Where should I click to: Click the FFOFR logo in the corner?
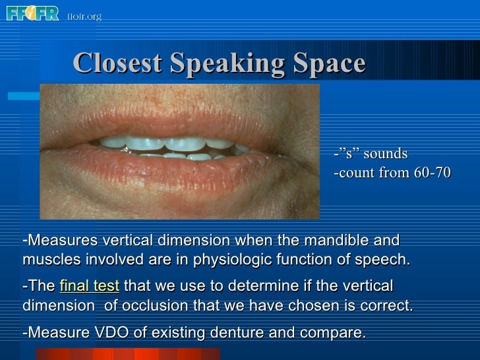tap(32, 13)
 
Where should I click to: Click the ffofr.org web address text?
tap(84, 16)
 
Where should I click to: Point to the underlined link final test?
tap(89, 286)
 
